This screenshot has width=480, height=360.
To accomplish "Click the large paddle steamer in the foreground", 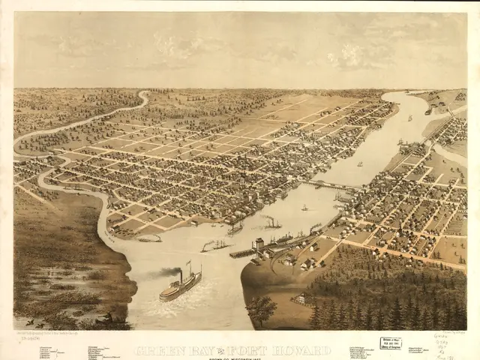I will (181, 286).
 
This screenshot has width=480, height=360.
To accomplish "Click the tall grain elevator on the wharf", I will (259, 244).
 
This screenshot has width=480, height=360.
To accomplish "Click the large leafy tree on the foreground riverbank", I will (262, 308).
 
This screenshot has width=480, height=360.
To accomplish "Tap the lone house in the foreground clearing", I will (300, 299).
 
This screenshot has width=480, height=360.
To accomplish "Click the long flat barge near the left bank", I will (150, 238).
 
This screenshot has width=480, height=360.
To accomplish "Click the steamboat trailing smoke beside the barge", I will (214, 244).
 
